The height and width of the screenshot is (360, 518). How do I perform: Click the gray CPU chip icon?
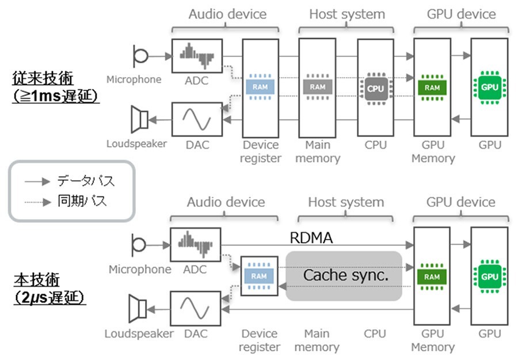(x=375, y=88)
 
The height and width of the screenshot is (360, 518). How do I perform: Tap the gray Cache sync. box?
(x=344, y=276)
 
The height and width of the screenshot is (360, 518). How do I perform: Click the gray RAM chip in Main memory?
(x=317, y=87)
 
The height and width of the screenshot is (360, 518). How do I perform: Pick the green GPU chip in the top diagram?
(x=489, y=88)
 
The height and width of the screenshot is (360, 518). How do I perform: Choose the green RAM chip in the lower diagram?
(x=432, y=276)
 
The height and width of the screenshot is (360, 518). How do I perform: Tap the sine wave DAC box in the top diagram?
(x=196, y=119)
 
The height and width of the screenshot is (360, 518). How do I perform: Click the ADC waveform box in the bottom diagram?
(x=196, y=244)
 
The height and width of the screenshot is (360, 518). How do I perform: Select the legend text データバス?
(x=86, y=181)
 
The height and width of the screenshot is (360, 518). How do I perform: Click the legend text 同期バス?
(x=82, y=201)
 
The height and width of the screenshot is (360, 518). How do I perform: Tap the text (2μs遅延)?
(x=49, y=298)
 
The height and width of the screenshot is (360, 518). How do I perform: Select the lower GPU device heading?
(x=460, y=202)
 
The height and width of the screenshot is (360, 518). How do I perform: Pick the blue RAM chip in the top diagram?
(x=260, y=87)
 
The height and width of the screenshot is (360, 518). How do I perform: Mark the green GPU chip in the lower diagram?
(x=489, y=276)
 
